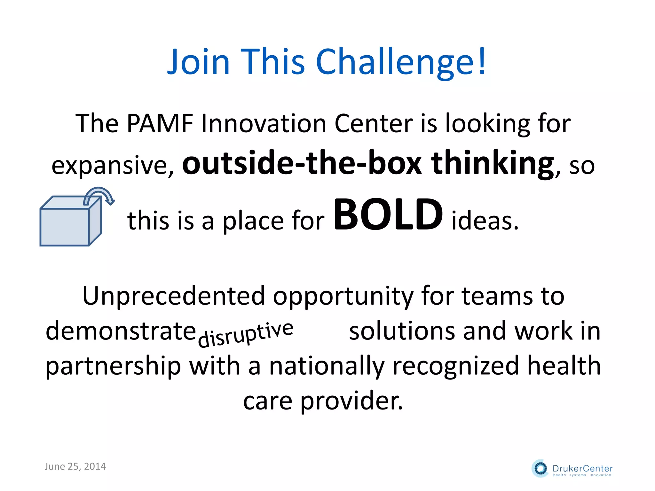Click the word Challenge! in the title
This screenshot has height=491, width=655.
pos(401,62)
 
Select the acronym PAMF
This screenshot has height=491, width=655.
pos(160,123)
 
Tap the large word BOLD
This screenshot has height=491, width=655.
pos(388,214)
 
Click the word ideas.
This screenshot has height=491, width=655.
pos(485,221)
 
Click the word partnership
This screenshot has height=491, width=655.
pos(113,366)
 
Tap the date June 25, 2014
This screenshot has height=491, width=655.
pos(75,466)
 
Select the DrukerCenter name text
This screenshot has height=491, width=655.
pos(582,468)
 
